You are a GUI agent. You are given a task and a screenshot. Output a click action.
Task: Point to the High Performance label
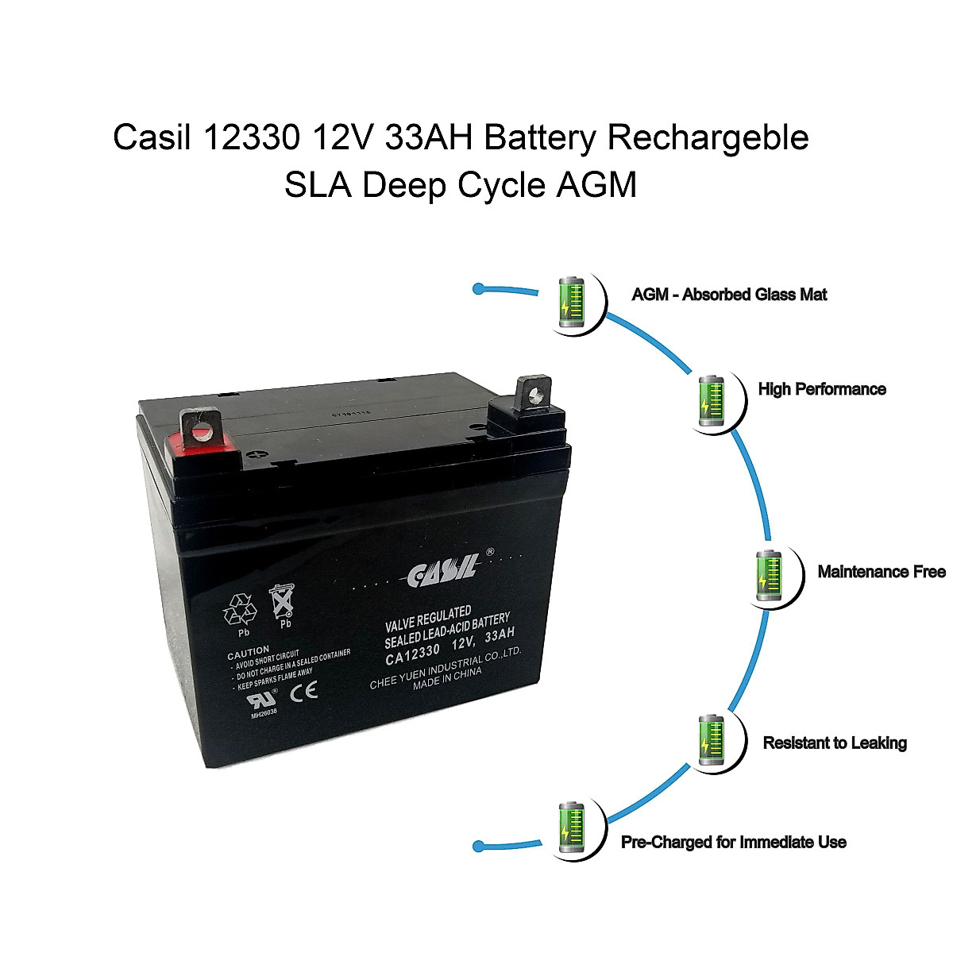click(822, 389)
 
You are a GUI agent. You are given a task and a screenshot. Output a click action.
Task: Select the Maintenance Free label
click(882, 572)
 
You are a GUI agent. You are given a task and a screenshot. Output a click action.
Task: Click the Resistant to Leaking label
click(835, 743)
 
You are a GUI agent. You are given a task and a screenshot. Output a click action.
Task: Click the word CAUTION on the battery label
click(249, 650)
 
